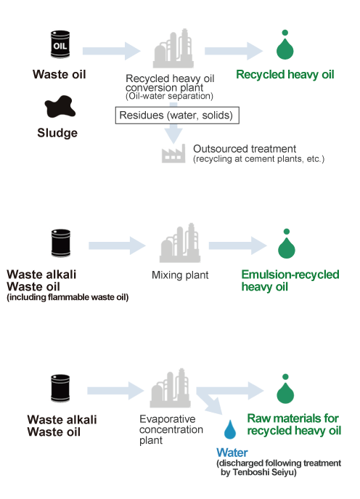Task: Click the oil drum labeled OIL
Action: [60, 44]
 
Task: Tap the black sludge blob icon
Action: [60, 106]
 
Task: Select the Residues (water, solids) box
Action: [177, 115]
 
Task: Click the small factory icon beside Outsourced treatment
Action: [173, 153]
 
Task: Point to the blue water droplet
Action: [230, 429]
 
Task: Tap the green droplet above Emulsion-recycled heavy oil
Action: [287, 244]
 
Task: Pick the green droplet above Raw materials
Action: [285, 389]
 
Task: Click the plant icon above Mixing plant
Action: [180, 243]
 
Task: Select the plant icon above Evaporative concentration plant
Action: [170, 388]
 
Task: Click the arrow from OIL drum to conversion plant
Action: [111, 51]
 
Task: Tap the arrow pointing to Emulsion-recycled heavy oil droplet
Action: [237, 246]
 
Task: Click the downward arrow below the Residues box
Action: [173, 134]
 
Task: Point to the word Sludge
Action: [57, 133]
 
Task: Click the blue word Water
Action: [232, 453]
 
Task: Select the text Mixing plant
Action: [180, 275]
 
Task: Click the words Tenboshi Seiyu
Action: [263, 472]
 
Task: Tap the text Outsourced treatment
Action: [245, 149]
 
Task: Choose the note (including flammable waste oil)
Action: [67, 297]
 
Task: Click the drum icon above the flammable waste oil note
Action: [61, 243]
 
